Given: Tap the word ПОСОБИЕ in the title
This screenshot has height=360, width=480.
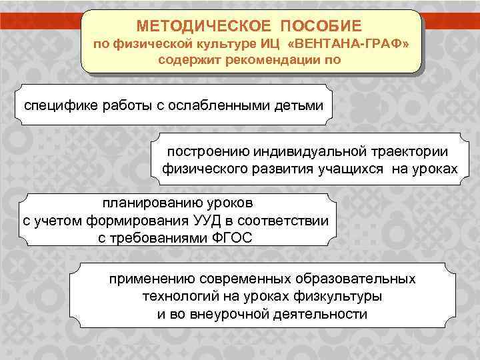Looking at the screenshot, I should [321, 26].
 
